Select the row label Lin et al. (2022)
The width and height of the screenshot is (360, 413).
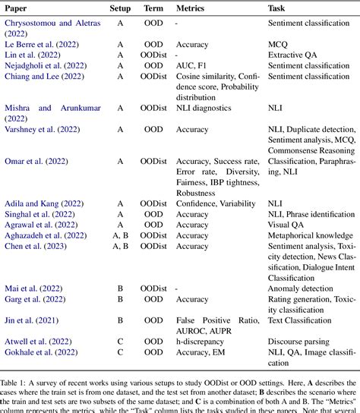34,55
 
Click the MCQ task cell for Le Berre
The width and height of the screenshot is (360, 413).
279,45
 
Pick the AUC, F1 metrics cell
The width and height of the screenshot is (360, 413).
196,66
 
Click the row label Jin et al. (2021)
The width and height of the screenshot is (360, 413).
35,320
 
